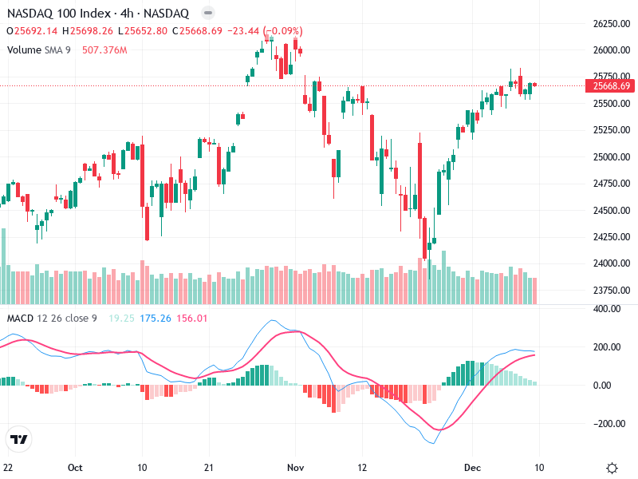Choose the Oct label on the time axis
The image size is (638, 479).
click(x=76, y=468)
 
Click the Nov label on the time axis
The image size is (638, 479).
click(x=296, y=468)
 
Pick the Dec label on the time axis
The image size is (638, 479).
click(x=471, y=468)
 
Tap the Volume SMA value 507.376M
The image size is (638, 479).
click(x=104, y=49)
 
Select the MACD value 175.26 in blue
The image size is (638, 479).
click(x=156, y=319)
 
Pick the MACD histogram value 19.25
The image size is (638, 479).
click(x=120, y=319)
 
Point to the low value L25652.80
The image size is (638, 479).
click(x=143, y=31)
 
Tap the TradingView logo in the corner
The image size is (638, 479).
click(x=18, y=439)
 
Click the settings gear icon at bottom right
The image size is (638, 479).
click(x=612, y=468)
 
